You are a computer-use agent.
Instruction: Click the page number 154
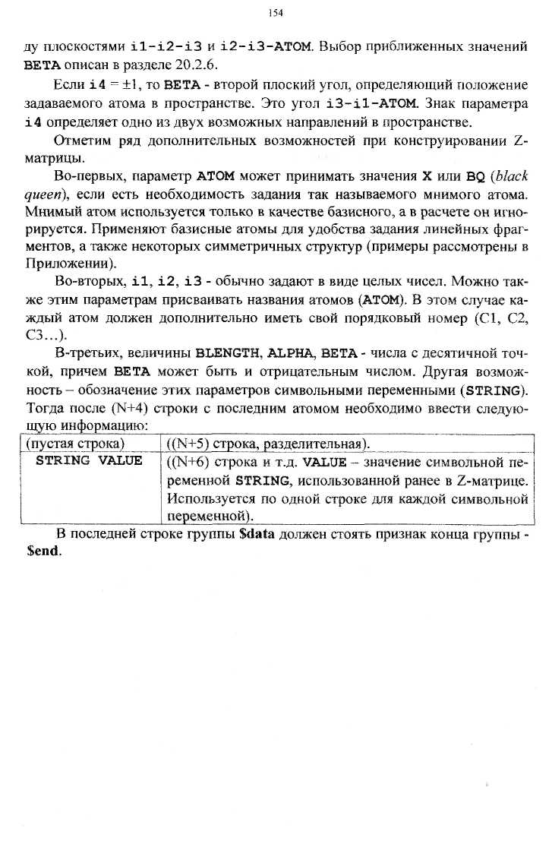[x=276, y=13]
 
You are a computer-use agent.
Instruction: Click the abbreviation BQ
[x=475, y=176]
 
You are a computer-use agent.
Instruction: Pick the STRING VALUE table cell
[x=89, y=461]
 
